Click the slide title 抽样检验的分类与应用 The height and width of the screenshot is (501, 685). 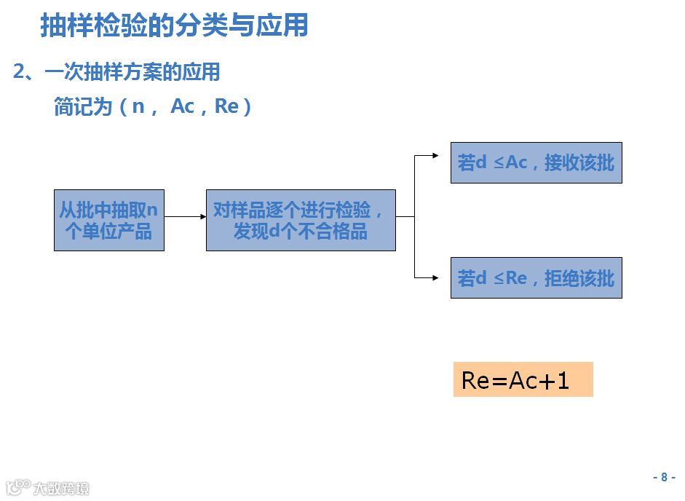pyautogui.click(x=174, y=25)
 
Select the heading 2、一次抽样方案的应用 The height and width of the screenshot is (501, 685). pyautogui.click(x=116, y=72)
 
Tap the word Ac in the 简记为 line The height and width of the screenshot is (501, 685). pyautogui.click(x=182, y=106)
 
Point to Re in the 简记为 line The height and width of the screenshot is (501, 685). pyautogui.click(x=226, y=106)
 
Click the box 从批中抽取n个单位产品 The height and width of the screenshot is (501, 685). pyautogui.click(x=109, y=221)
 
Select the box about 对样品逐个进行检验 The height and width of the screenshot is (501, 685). pyautogui.click(x=301, y=221)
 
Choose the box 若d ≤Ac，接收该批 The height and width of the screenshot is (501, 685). pyautogui.click(x=536, y=162)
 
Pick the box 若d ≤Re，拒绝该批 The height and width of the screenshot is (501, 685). pyautogui.click(x=536, y=277)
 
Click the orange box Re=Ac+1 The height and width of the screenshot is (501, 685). pyautogui.click(x=523, y=379)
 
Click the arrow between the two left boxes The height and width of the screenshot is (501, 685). pyautogui.click(x=185, y=216)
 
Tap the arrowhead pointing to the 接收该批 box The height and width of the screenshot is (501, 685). pyautogui.click(x=435, y=155)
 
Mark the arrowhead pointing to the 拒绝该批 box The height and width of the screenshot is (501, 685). pyautogui.click(x=435, y=277)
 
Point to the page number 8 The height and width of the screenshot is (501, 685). pyautogui.click(x=663, y=478)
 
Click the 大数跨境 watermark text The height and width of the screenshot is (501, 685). pyautogui.click(x=61, y=489)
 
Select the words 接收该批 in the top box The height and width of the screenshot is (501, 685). pyautogui.click(x=579, y=163)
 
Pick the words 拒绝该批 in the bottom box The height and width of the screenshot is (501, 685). pyautogui.click(x=579, y=278)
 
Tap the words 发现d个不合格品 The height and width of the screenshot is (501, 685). pyautogui.click(x=301, y=232)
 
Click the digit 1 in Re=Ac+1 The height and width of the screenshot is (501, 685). pyautogui.click(x=562, y=380)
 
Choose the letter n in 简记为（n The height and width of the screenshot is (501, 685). pyautogui.click(x=138, y=106)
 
